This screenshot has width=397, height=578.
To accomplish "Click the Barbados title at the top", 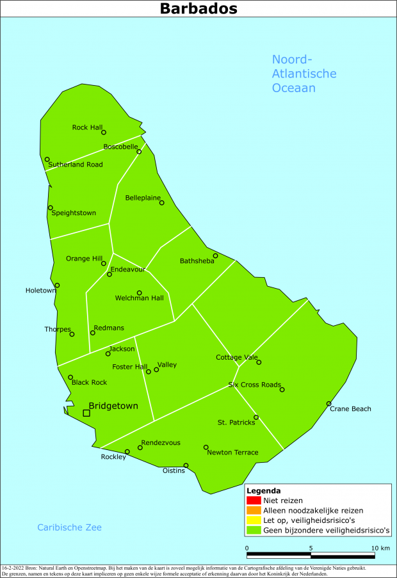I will coord(199,9).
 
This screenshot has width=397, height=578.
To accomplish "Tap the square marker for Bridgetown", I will coord(86,413).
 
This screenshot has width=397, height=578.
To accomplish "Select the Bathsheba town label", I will coord(197,261).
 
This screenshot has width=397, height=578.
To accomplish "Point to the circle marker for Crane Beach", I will coord(328,404).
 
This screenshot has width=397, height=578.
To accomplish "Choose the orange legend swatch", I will coord(252,511).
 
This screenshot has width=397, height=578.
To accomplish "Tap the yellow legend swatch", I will coord(252,520).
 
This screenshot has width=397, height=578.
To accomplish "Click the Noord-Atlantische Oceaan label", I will coord(304,74).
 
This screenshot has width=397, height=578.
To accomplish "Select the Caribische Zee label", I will coord(69,527).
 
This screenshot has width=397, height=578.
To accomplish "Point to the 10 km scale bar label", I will coord(380,549).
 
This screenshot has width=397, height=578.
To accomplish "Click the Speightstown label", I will coord(74,213).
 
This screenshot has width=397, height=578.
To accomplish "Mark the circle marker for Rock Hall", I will coord(104,132).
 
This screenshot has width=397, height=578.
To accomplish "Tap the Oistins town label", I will coord(174,471).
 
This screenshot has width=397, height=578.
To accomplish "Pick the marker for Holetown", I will coord(57,285).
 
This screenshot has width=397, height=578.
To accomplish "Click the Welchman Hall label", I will coord(139,298).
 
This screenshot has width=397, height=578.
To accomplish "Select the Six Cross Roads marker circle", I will coord(282,389).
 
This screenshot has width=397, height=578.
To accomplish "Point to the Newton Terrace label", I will coord(232,453).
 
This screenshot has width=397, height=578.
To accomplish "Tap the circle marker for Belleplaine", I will coord(162,203).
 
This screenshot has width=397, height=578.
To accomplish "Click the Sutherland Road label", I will coord(76,165).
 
